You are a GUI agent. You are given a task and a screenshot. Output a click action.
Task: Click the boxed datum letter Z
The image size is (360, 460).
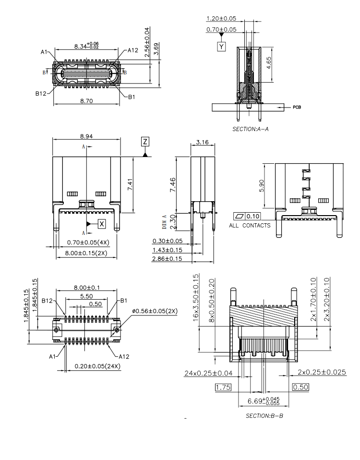[145, 141]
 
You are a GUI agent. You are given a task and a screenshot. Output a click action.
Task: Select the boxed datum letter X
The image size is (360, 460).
[101, 224]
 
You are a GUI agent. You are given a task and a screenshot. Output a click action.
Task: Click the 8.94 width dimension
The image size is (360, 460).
[86, 136]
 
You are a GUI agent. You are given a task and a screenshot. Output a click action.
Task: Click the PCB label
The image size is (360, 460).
[297, 107]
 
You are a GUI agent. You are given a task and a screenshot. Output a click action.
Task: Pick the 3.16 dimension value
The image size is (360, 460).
[203, 142]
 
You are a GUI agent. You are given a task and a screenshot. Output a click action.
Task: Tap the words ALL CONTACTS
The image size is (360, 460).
[249, 225]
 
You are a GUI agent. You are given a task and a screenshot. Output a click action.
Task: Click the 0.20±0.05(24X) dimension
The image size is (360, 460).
[97, 366]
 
